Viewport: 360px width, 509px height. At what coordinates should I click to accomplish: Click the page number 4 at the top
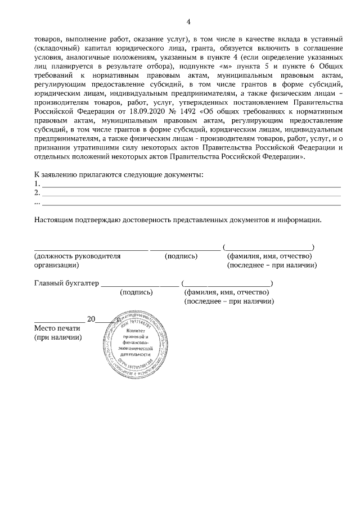point(188,22)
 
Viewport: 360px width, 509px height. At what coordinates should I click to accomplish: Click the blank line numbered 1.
point(191,184)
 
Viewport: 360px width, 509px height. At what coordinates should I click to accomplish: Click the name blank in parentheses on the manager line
point(269,247)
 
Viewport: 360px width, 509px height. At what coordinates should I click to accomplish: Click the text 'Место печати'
point(58,328)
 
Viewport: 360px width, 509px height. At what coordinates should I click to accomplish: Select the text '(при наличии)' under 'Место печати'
point(58,337)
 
